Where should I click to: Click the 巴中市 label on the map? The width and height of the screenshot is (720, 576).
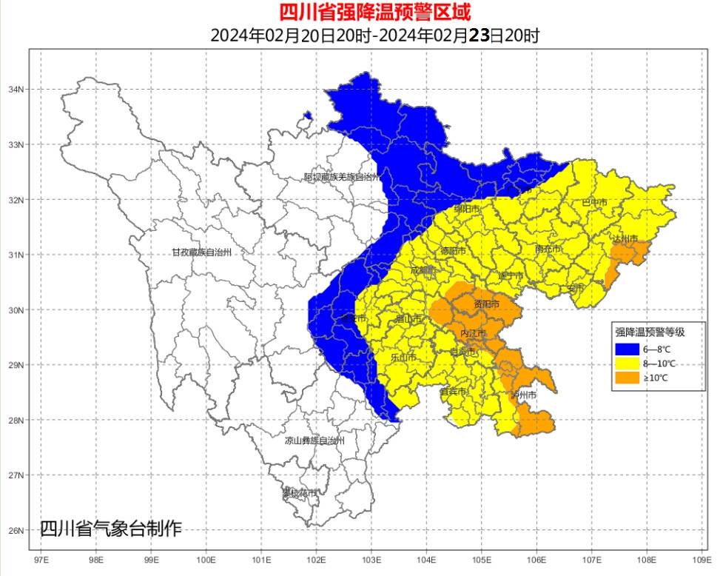click(594, 202)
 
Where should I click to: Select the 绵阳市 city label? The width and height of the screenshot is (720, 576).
click(467, 209)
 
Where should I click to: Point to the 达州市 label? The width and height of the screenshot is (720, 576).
click(625, 238)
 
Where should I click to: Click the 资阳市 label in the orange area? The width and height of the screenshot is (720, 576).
click(486, 304)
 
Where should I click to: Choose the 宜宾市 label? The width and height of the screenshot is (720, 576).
click(453, 391)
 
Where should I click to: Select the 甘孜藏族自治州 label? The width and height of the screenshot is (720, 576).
click(202, 252)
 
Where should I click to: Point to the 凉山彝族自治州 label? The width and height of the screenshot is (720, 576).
click(315, 441)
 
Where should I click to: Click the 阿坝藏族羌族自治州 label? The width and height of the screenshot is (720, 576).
click(341, 178)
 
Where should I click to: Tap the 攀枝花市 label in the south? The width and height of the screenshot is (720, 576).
click(300, 493)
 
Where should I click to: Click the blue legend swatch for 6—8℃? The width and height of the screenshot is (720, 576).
click(626, 349)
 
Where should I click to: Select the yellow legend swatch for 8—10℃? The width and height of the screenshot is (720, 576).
click(626, 364)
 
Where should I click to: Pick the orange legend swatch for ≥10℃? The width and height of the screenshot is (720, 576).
click(626, 378)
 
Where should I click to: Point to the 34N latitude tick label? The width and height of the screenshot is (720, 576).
click(16, 90)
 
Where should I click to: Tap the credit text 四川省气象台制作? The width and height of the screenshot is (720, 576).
click(110, 529)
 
